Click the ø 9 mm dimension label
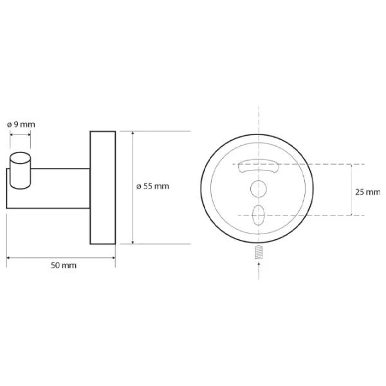click(x=21, y=125)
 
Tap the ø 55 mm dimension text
click(x=152, y=187)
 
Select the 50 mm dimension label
click(x=64, y=265)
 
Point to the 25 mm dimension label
click(x=368, y=192)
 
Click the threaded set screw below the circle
click(x=259, y=252)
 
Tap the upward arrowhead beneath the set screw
click(x=259, y=264)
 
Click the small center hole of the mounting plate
click(x=259, y=188)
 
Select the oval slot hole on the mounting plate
click(x=259, y=215)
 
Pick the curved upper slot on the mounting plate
click(x=259, y=166)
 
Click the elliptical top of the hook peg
click(x=20, y=158)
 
